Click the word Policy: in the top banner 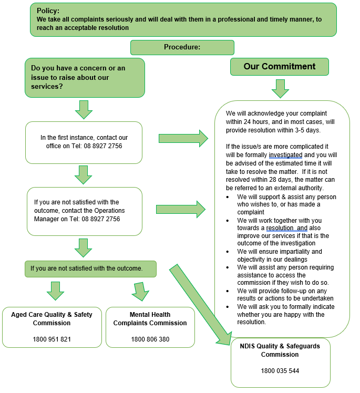tap(48, 11)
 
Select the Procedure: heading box tap(182, 47)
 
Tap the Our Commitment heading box tap(279, 67)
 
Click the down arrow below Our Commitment tap(280, 88)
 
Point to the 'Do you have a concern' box tap(84, 77)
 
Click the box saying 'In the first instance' tap(84, 142)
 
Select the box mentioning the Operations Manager tap(84, 210)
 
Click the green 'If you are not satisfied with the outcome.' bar tap(90, 268)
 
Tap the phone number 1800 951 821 tap(52, 339)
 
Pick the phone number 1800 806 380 tap(150, 339)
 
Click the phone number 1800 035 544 tap(280, 370)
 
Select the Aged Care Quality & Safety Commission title tap(52, 318)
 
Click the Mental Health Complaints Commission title tap(150, 318)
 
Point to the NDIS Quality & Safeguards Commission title tap(280, 350)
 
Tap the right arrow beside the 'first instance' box tap(183, 138)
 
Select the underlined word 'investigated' tap(285, 156)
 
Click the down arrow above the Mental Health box tap(140, 291)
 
